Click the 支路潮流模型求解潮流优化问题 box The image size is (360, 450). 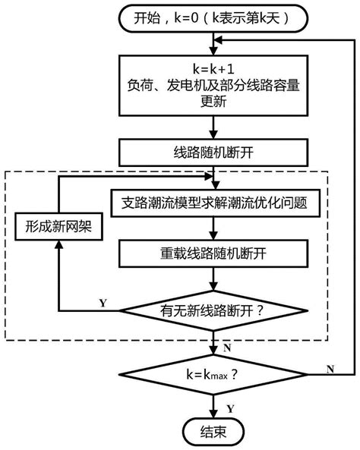(216, 203)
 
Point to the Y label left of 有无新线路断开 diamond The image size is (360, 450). (102, 303)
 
